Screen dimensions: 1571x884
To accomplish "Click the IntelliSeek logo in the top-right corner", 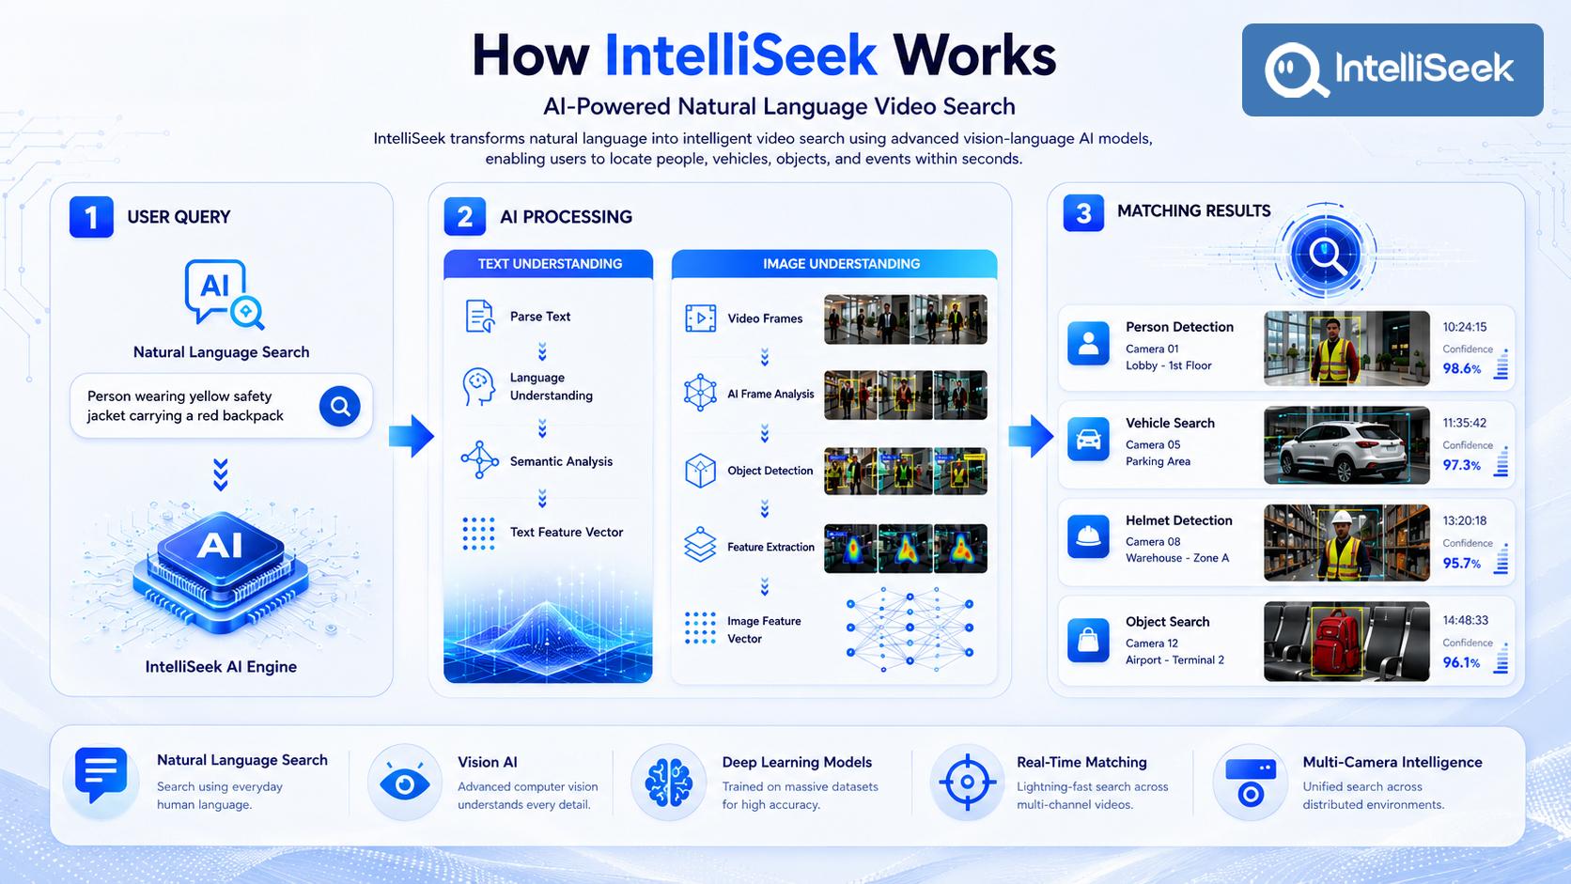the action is click(x=1392, y=70).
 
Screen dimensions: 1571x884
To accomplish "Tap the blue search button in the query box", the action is click(x=340, y=406).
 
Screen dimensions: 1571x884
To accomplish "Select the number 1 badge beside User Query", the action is click(x=91, y=217).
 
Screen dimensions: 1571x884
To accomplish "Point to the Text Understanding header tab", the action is click(x=549, y=264).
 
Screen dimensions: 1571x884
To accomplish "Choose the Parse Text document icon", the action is click(x=480, y=317).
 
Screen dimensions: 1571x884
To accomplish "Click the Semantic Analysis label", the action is click(x=561, y=461).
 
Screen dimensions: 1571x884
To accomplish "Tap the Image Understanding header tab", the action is click(x=834, y=264).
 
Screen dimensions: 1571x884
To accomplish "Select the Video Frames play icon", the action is click(x=701, y=318).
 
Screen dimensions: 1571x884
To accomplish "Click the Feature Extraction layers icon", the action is click(x=700, y=545).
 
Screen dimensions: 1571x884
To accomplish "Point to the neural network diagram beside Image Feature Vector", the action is click(x=910, y=629).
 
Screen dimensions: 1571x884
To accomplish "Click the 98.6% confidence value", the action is click(x=1462, y=369).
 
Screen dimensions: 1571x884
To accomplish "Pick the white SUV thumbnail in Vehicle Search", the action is click(x=1346, y=445).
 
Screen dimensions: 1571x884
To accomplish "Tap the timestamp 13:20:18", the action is click(x=1465, y=520).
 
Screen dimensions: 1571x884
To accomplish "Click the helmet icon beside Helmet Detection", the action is click(x=1088, y=537).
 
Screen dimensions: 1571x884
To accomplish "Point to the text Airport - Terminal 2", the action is click(x=1174, y=659).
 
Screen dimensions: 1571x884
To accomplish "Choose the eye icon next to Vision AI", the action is click(x=404, y=783).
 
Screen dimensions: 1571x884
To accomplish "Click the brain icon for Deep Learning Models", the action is click(x=668, y=783).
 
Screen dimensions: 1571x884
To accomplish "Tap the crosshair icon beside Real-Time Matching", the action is click(x=967, y=782).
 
